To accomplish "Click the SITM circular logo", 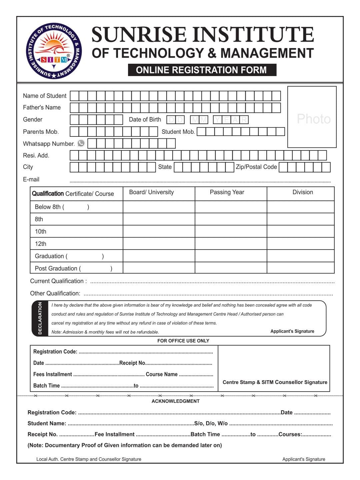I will pyautogui.click(x=54, y=52).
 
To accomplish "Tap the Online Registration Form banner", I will pyautogui.click(x=202, y=70).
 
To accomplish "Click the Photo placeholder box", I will pyautogui.click(x=312, y=117).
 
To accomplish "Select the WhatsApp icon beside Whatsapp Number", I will pyautogui.click(x=81, y=143).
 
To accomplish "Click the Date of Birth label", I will pyautogui.click(x=145, y=119).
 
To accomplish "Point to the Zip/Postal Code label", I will pyautogui.click(x=256, y=167).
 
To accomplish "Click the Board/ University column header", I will pyautogui.click(x=152, y=192).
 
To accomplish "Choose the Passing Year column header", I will pyautogui.click(x=227, y=192).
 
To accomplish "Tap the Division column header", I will pyautogui.click(x=303, y=192).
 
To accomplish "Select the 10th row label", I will pyautogui.click(x=41, y=231).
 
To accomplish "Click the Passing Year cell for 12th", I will pyautogui.click(x=231, y=244).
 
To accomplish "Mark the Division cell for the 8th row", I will pyautogui.click(x=300, y=219).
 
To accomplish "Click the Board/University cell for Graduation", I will pyautogui.click(x=159, y=256).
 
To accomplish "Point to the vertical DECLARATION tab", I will pyautogui.click(x=40, y=318).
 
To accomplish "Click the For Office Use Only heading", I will pyautogui.click(x=183, y=341).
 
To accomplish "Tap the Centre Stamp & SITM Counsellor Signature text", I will pyautogui.click(x=275, y=382).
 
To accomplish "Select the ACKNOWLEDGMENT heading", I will pyautogui.click(x=176, y=401).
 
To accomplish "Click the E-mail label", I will pyautogui.click(x=31, y=179).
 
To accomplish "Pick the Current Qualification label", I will pyautogui.click(x=58, y=281).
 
